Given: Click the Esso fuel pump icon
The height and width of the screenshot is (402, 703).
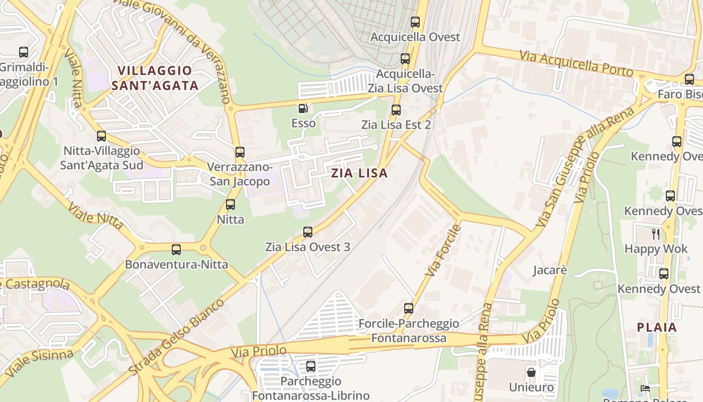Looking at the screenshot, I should click(x=303, y=108).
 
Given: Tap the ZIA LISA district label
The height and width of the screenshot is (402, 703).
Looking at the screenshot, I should click(x=360, y=173).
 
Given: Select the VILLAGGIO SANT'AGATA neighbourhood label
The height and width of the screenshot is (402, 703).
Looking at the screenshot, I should click(x=155, y=78).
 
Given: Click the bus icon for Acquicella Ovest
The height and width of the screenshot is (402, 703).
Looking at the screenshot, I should click(x=415, y=22).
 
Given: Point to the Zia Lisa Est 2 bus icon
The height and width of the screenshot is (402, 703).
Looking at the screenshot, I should click(x=396, y=110).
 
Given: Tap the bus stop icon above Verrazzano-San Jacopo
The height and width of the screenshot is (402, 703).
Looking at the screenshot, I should click(x=240, y=152).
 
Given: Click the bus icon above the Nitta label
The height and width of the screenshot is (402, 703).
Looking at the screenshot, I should click(x=230, y=205).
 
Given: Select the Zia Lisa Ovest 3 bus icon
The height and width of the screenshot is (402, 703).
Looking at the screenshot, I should click(x=308, y=232).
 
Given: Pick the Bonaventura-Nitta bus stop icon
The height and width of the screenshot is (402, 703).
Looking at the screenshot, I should click(x=176, y=249).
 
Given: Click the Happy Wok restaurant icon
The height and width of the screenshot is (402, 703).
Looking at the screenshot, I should click(x=655, y=234).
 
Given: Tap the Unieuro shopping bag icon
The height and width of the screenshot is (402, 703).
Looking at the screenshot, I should click(x=531, y=372).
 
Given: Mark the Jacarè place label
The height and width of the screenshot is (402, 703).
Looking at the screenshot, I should click(x=550, y=270).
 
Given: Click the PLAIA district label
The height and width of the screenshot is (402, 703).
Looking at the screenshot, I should click(x=657, y=328).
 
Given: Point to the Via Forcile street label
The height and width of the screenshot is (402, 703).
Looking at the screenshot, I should click(x=443, y=250).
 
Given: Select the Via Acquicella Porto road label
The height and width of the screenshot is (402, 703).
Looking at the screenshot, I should click(x=576, y=63).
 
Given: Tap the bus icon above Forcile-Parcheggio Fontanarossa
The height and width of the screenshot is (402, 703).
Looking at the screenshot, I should click(x=409, y=308).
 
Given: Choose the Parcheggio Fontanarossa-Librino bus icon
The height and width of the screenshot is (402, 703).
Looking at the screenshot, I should click(x=311, y=366).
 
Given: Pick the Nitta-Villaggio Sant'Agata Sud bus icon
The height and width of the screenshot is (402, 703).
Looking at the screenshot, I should click(x=101, y=136).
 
